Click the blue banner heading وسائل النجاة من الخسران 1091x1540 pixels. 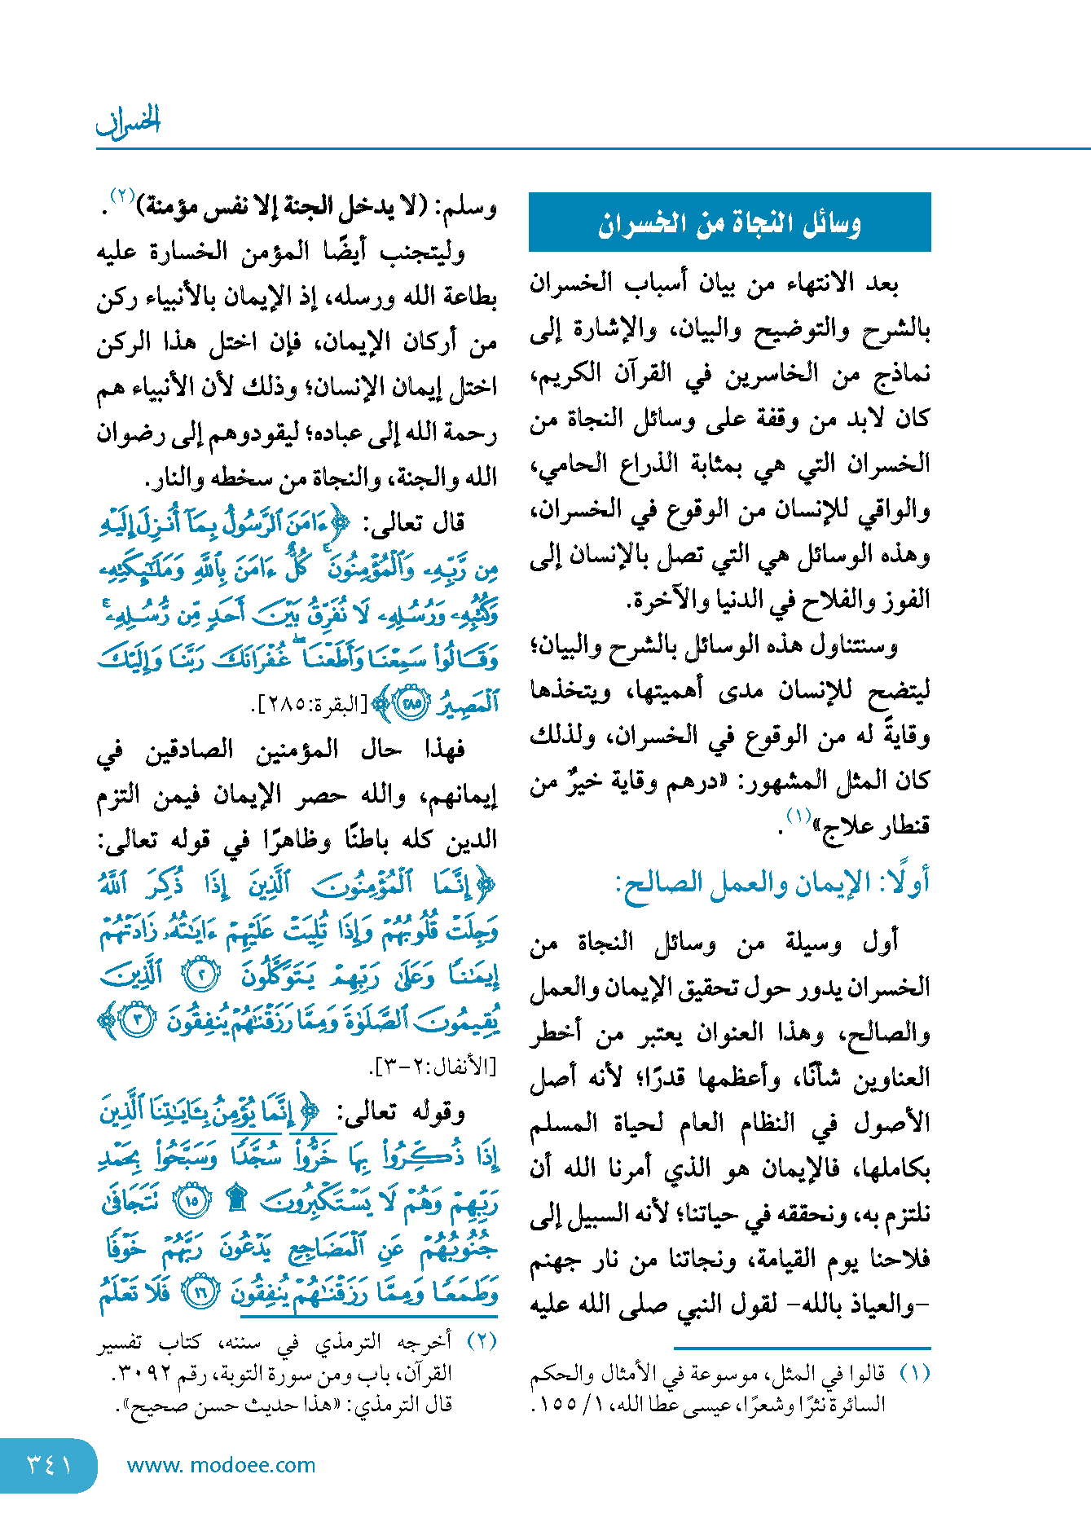[729, 222]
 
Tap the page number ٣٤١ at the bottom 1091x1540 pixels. [49, 1464]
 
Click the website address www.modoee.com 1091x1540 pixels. [221, 1465]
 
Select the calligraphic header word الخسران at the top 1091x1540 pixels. [128, 121]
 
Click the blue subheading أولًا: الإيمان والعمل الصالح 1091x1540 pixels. [772, 882]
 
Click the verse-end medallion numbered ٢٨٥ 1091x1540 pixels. [411, 703]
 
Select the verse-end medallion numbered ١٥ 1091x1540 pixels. [194, 1200]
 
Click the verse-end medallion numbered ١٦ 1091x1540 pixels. [200, 1292]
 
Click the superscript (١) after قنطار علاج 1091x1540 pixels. [798, 816]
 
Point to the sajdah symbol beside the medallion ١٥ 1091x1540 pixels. [236, 1199]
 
